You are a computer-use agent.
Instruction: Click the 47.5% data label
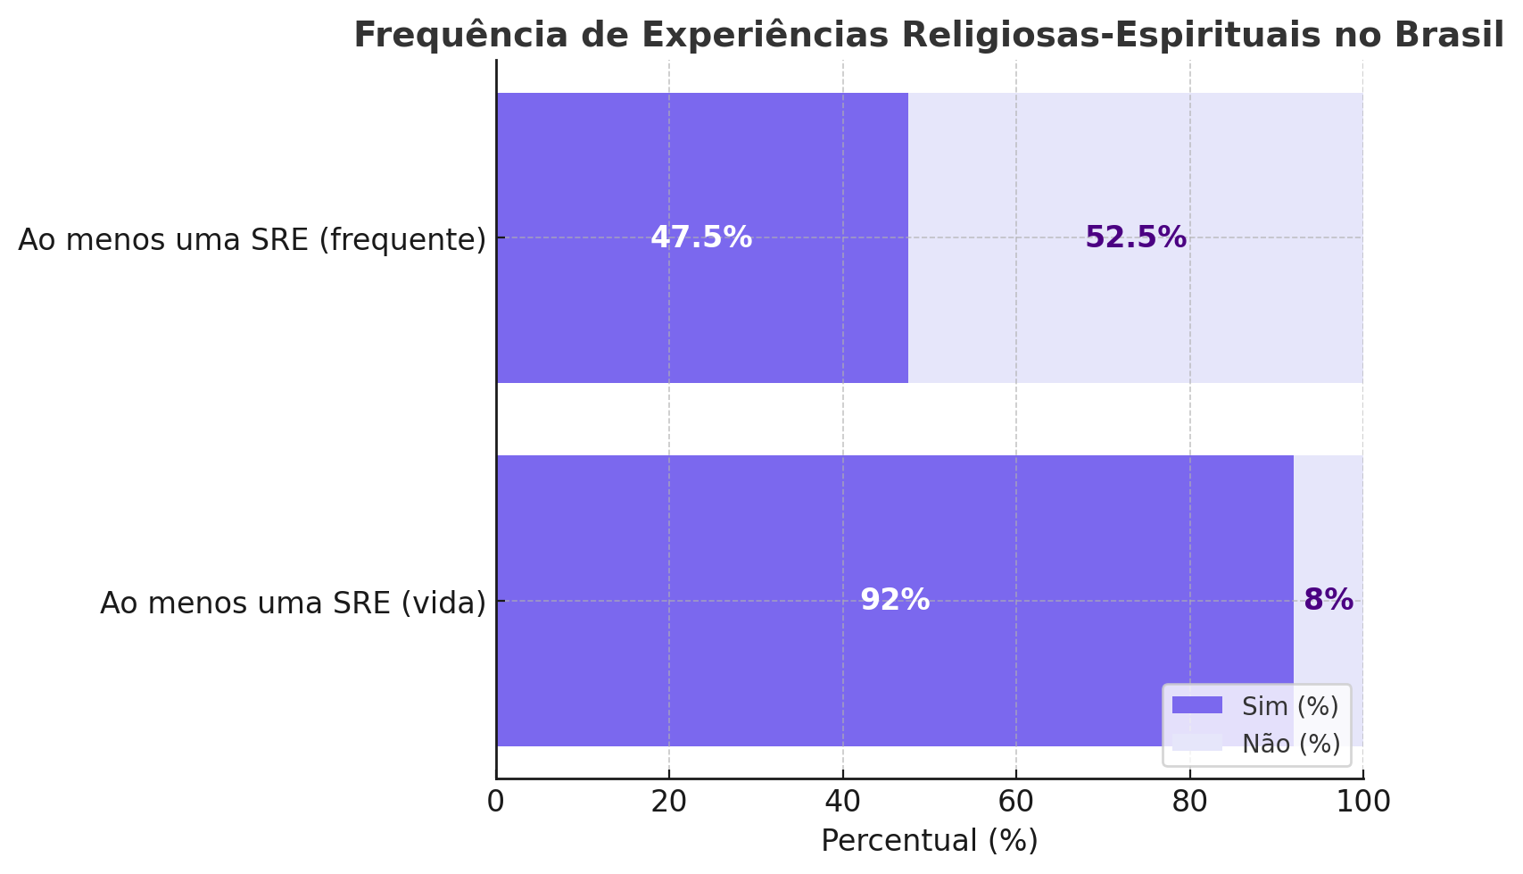coord(701,238)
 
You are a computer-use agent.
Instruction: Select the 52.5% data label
coord(1136,238)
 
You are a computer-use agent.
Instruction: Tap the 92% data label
coord(895,601)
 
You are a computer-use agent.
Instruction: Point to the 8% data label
coord(1328,601)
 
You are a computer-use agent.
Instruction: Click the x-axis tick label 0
coord(496,803)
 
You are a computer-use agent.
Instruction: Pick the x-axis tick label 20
coord(669,803)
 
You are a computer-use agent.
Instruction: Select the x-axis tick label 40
coord(842,803)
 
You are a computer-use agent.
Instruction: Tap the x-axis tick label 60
coord(1016,803)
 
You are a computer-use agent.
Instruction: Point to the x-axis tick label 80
coord(1189,803)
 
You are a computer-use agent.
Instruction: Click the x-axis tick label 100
coord(1362,803)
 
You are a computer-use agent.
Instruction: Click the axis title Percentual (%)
coord(930,842)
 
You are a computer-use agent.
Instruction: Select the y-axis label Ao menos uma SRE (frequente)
coord(252,240)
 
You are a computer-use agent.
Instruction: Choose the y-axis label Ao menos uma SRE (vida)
coord(293,603)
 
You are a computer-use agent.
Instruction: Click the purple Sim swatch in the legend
coord(1196,706)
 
